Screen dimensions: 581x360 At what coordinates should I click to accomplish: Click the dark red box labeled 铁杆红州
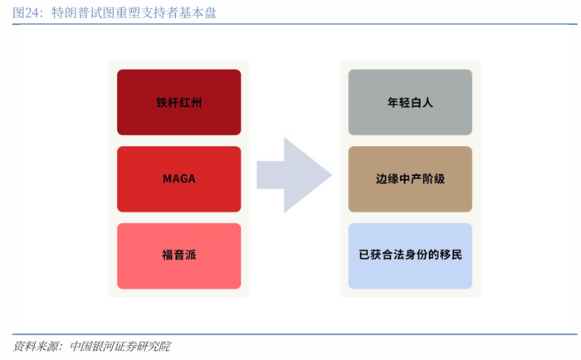click(x=179, y=102)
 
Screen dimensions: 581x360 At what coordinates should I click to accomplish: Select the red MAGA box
click(x=179, y=179)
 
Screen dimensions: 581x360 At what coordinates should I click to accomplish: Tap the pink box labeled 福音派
click(x=179, y=256)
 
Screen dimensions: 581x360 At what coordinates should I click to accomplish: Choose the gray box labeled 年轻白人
click(x=410, y=102)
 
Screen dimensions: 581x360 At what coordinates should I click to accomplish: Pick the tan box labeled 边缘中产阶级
click(x=410, y=179)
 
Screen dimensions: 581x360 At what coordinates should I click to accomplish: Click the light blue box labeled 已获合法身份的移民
click(x=410, y=256)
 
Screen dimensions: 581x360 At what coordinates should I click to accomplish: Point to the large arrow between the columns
click(x=294, y=175)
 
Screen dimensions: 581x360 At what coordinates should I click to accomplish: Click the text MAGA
click(x=179, y=179)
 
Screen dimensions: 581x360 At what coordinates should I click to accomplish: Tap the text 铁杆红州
click(x=179, y=102)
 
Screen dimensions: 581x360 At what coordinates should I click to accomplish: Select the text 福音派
click(x=179, y=255)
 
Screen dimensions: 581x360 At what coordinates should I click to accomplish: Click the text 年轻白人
click(x=410, y=102)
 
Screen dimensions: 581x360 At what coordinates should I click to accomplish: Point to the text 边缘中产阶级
click(x=410, y=179)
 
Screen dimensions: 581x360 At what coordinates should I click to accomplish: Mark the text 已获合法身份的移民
click(x=410, y=255)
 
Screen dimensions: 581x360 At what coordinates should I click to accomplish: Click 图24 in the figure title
click(x=26, y=13)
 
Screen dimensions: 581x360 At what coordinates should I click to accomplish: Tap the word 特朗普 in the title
click(x=71, y=13)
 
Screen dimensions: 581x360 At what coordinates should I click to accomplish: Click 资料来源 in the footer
click(x=36, y=346)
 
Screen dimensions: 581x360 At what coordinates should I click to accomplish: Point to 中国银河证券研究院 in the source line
click(x=120, y=346)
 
